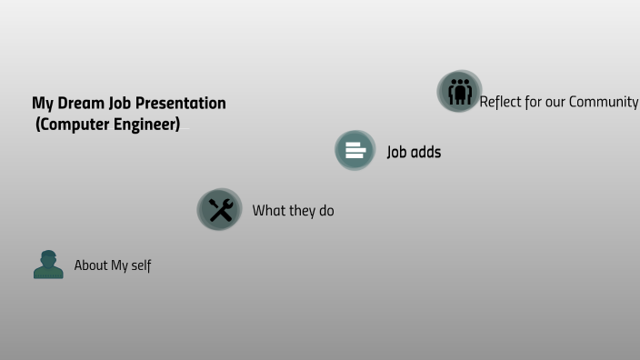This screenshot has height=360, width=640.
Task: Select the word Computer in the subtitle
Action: click(75, 124)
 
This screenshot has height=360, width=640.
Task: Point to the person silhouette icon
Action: click(48, 265)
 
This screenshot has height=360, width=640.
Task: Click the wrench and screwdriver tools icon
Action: click(220, 210)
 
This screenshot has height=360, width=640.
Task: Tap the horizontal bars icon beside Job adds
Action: click(355, 151)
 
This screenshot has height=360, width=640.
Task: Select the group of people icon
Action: click(459, 92)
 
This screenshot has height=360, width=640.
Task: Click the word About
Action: click(91, 265)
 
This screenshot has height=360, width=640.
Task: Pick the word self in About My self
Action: click(142, 265)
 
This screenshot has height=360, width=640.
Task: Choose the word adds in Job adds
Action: click(425, 152)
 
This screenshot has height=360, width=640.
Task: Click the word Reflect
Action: click(501, 102)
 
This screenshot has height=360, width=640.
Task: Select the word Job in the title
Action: click(120, 103)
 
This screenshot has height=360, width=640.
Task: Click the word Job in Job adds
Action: click(397, 152)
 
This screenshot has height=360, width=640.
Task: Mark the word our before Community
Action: click(555, 102)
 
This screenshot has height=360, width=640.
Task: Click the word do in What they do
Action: click(326, 211)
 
